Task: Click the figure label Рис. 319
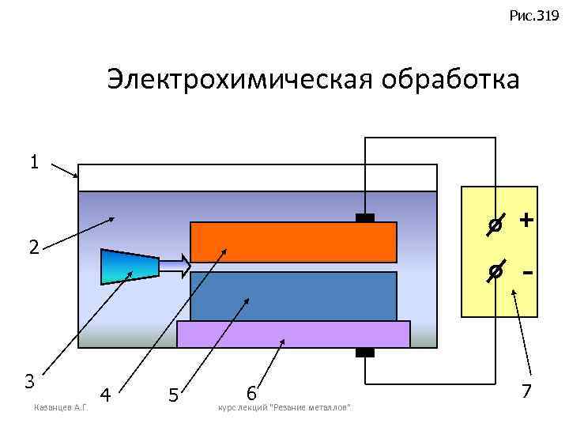pyautogui.click(x=535, y=15)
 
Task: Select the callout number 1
pyautogui.click(x=33, y=162)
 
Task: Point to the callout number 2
pyautogui.click(x=33, y=247)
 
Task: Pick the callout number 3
pyautogui.click(x=29, y=380)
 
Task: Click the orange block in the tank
pyautogui.click(x=293, y=242)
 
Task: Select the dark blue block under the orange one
pyautogui.click(x=293, y=297)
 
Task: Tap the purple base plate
pyautogui.click(x=293, y=334)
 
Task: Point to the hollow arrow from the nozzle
pyautogui.click(x=175, y=265)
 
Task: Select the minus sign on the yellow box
pyautogui.click(x=526, y=272)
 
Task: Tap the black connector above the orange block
pyautogui.click(x=364, y=217)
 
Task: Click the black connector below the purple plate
pyautogui.click(x=364, y=353)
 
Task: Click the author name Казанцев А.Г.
pyautogui.click(x=60, y=407)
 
